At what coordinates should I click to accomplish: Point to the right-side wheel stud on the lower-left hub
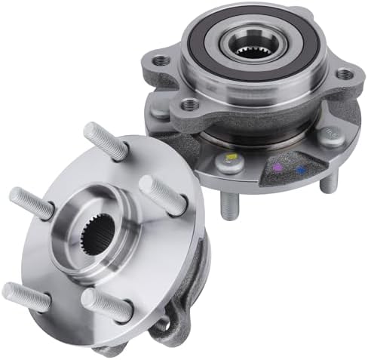coord(161,194)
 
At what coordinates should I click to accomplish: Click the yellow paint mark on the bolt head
coord(230,157)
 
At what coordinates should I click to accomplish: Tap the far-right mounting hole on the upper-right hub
coord(345,74)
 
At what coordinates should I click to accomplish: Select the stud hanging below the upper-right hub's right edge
coord(326,183)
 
